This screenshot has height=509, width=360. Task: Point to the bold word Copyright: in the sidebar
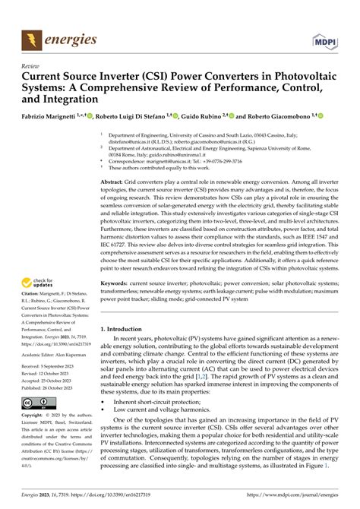(35, 416)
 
